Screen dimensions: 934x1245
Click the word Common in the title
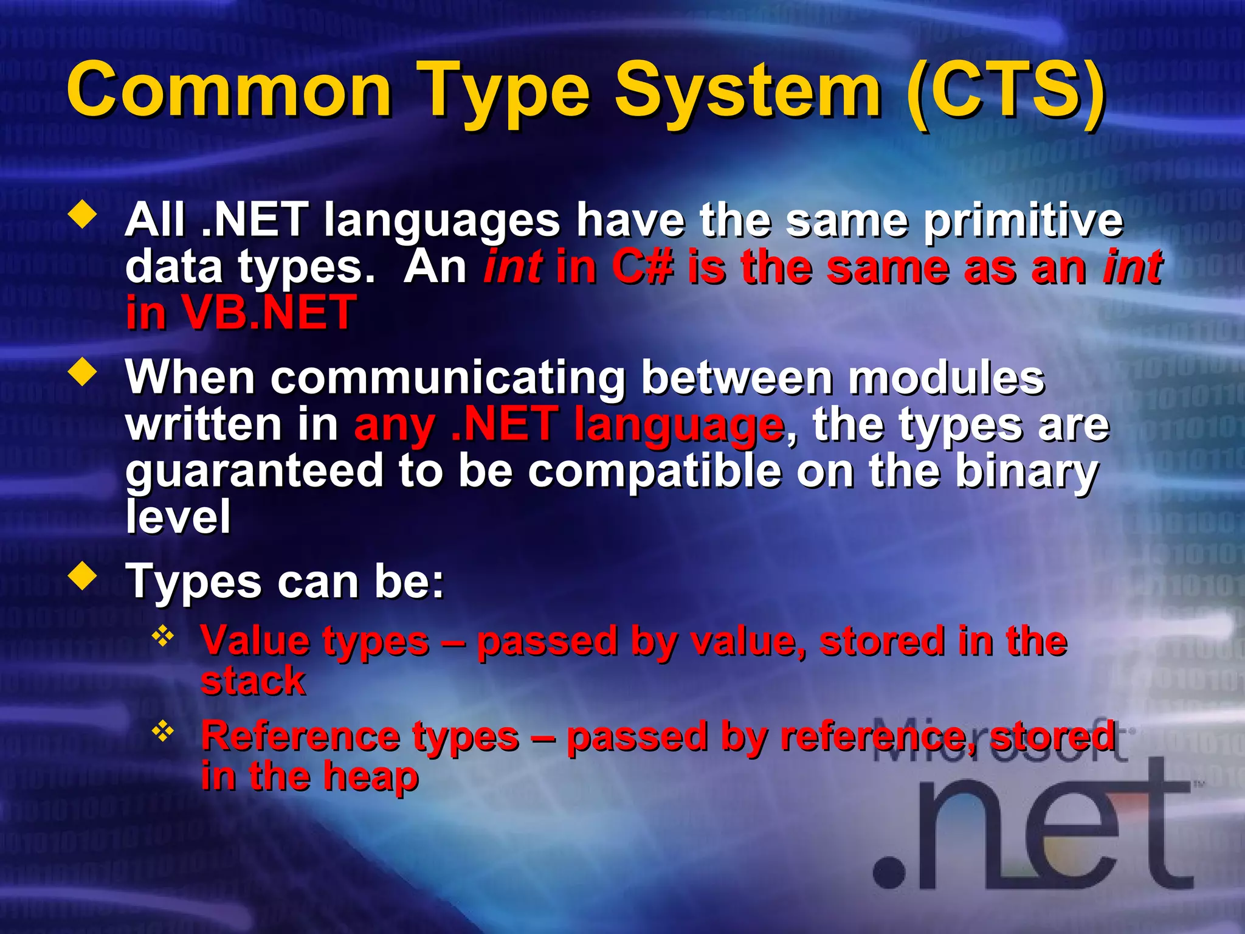pos(230,91)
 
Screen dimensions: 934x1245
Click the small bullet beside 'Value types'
pos(163,637)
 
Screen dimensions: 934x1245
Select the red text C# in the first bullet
pos(643,268)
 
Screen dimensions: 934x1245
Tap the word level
pos(178,517)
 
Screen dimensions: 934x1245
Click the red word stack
pos(253,681)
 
